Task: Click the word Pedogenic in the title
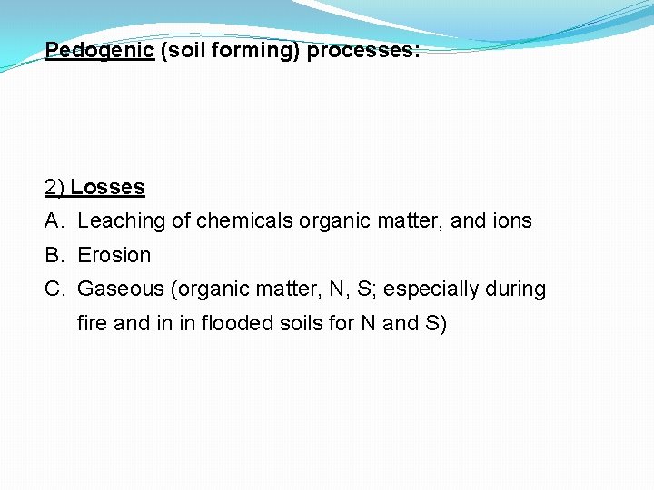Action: click(x=99, y=50)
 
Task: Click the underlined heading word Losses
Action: click(x=107, y=187)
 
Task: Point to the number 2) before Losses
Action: click(x=54, y=187)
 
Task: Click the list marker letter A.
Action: click(x=53, y=220)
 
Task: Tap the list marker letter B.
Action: click(x=53, y=255)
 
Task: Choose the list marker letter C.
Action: click(x=53, y=289)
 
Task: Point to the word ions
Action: click(x=510, y=220)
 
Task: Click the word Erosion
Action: click(x=114, y=255)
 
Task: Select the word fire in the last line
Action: click(x=92, y=323)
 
